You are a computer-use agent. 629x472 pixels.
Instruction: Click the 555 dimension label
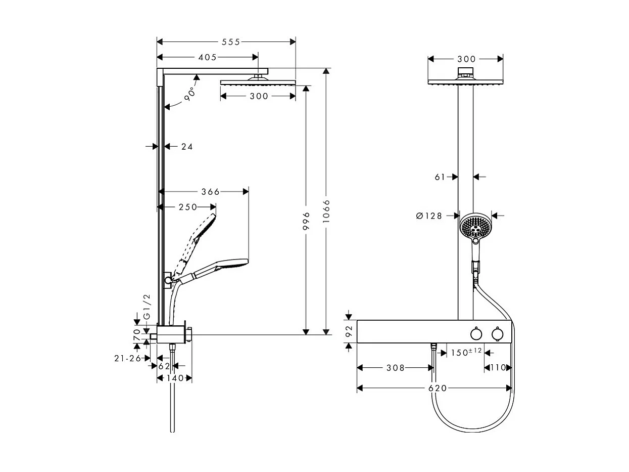[x=230, y=42]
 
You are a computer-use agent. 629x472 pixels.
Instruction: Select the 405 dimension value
[x=207, y=58]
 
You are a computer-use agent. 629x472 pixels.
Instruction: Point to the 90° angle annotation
[x=189, y=95]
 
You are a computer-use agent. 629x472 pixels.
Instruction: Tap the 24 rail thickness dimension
[x=187, y=147]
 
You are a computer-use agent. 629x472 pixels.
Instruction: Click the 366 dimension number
[x=210, y=192]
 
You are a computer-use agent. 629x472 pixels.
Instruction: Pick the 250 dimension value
[x=188, y=207]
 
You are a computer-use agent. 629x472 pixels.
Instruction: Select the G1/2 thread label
[x=147, y=307]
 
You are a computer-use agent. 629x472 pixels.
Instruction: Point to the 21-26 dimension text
[x=127, y=359]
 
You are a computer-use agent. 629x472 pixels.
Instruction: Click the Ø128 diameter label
[x=429, y=216]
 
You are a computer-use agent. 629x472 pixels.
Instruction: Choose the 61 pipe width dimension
[x=440, y=177]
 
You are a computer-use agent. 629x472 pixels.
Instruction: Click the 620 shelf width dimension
[x=438, y=388]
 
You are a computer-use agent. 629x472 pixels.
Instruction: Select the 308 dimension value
[x=396, y=368]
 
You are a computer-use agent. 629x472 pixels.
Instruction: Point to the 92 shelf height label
[x=349, y=332]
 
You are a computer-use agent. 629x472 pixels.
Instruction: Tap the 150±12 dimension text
[x=466, y=352]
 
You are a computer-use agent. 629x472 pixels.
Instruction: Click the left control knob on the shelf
[x=475, y=333]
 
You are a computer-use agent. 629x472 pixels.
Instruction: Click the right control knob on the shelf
[x=497, y=333]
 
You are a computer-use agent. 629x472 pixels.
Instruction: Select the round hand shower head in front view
[x=475, y=226]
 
